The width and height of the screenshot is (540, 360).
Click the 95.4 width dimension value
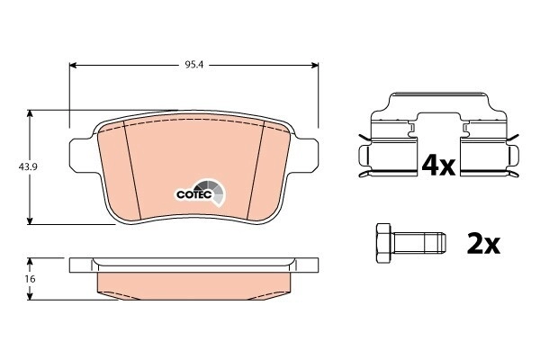click(x=194, y=65)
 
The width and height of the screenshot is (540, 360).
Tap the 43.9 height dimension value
click(x=28, y=167)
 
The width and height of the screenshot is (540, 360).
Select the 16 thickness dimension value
click(x=31, y=279)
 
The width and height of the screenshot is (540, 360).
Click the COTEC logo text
click(x=193, y=194)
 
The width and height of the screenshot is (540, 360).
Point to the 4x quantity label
click(x=438, y=166)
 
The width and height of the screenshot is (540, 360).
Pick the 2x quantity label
click(x=483, y=243)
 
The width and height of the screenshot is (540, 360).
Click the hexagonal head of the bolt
click(x=383, y=243)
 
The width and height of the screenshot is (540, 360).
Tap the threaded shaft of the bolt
click(x=418, y=243)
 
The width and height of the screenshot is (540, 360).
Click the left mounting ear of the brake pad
click(x=82, y=156)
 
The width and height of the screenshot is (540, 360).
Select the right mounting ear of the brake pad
click(x=305, y=156)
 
